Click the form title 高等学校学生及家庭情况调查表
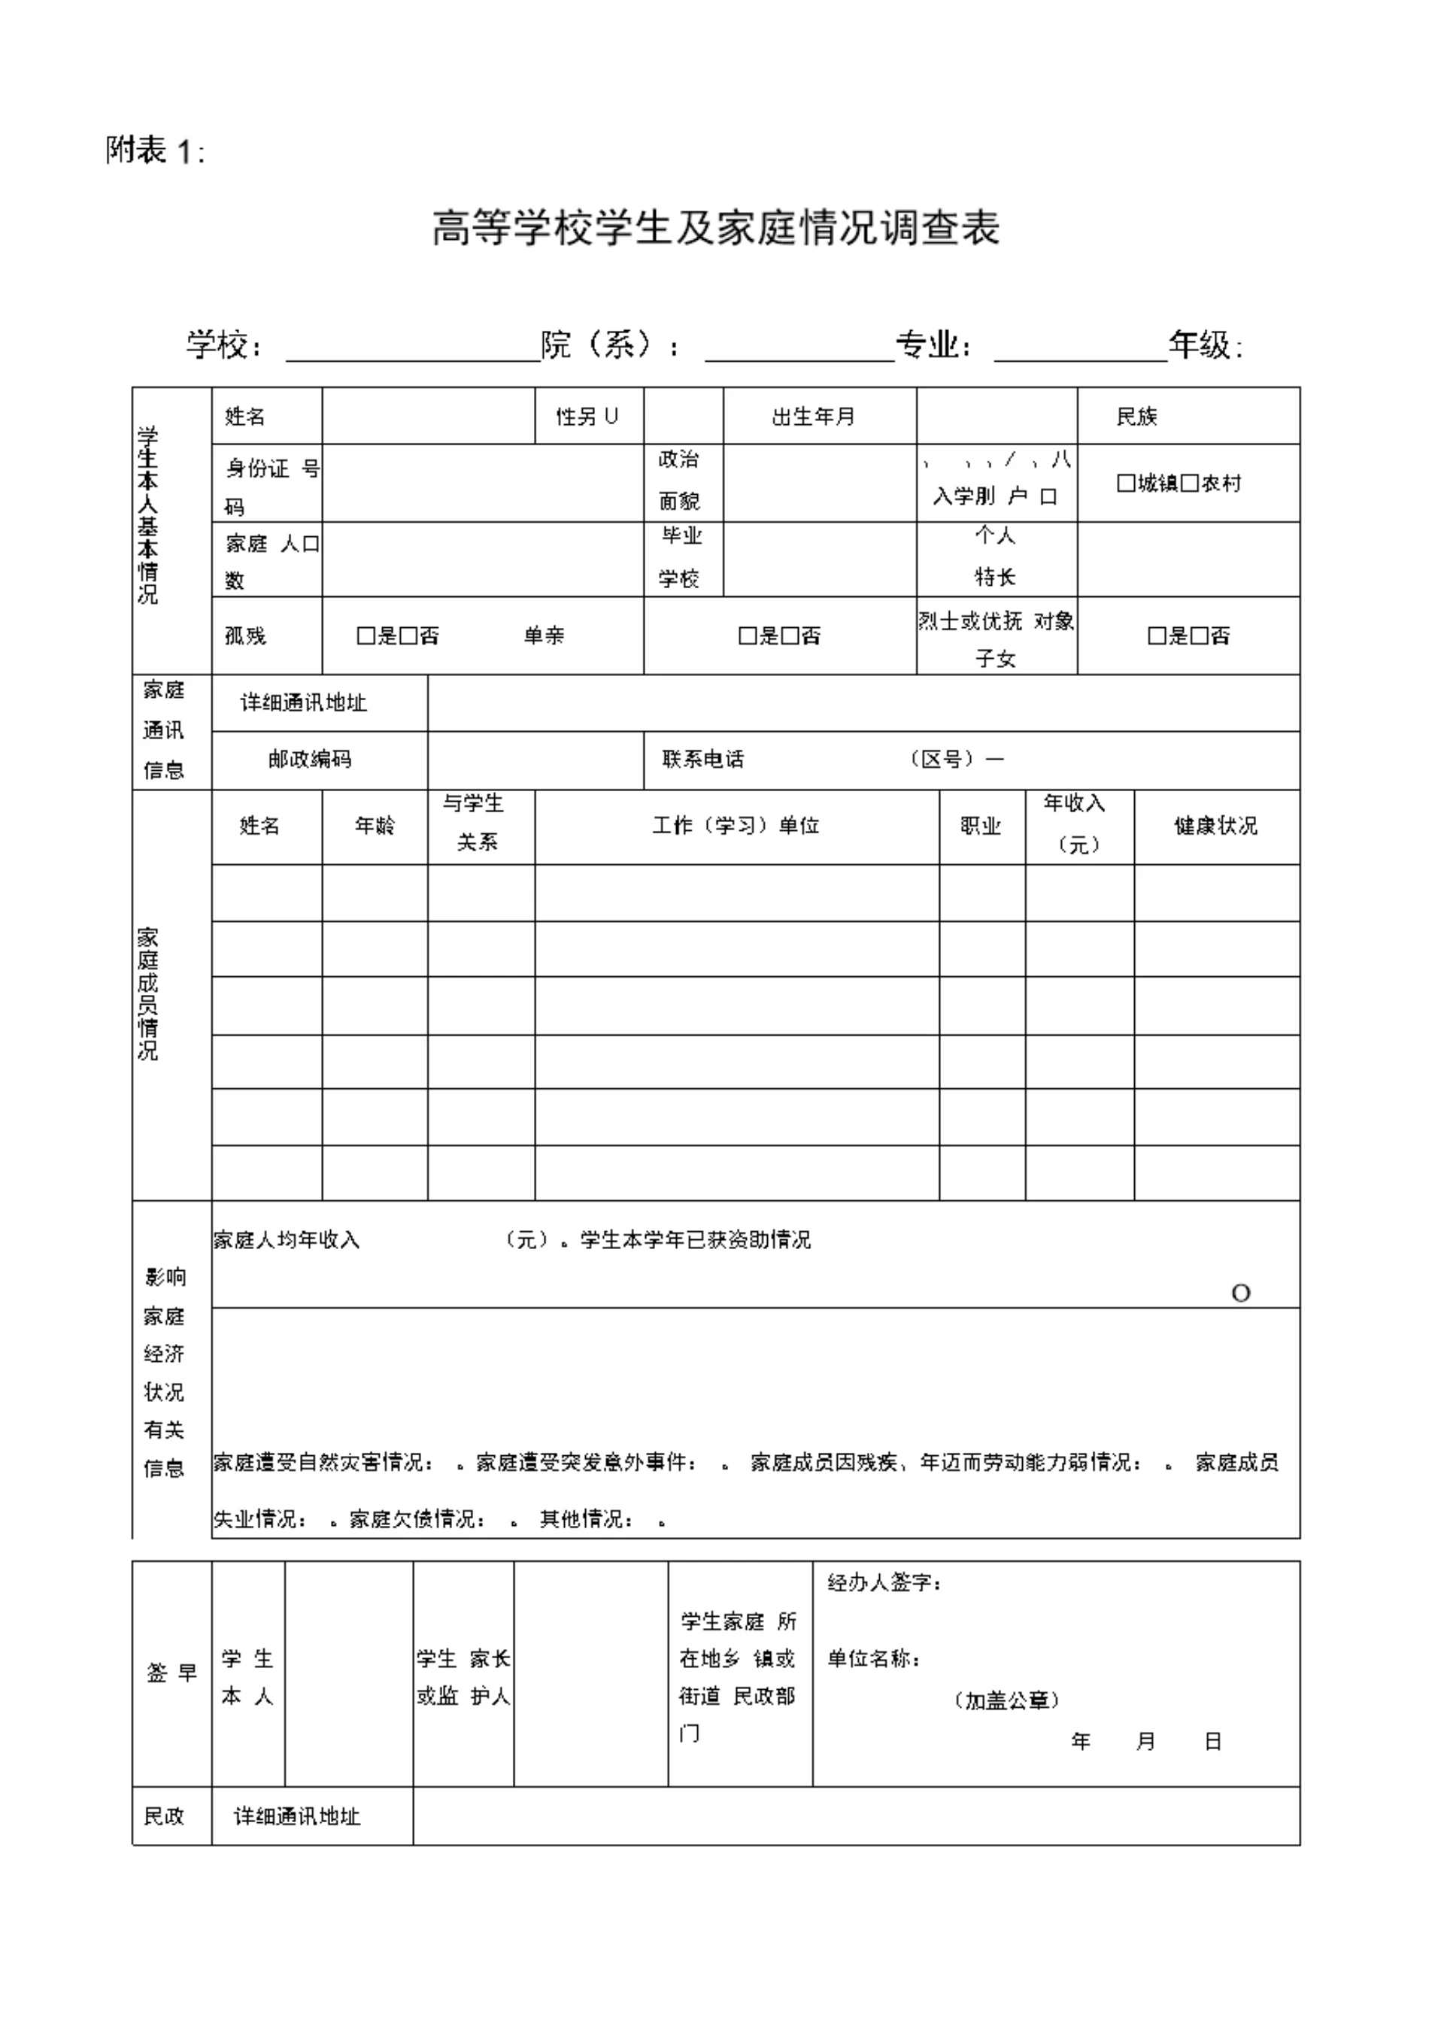point(716,229)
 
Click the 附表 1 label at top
point(156,151)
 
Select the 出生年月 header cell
point(813,416)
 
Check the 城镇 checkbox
point(1126,484)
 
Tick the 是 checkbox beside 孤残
point(366,636)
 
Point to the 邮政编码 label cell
point(309,759)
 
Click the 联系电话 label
point(702,759)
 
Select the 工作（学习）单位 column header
point(736,826)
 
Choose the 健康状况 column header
point(1215,826)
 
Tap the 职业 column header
point(981,826)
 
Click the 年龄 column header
point(375,826)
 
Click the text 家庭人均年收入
point(287,1239)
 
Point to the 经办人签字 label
point(884,1582)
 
